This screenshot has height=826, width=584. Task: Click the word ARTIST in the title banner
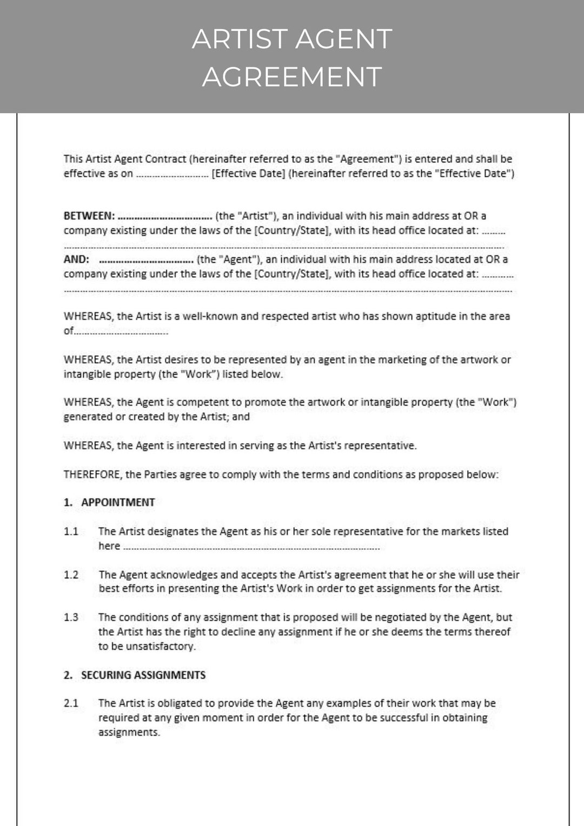(239, 39)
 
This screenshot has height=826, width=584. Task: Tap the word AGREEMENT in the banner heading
(292, 77)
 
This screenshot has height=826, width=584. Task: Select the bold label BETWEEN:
(89, 216)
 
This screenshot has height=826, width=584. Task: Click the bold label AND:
(76, 259)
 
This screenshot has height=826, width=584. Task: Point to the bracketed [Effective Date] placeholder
(248, 174)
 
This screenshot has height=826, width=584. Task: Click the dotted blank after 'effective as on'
(172, 175)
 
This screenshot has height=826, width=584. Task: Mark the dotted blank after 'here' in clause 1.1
(251, 547)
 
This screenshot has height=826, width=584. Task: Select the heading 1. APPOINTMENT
(109, 503)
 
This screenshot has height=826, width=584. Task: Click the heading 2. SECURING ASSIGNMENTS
(135, 675)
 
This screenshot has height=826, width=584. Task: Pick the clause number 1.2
(71, 575)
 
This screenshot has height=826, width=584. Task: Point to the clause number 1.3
(71, 617)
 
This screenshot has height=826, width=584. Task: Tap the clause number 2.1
(71, 703)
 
